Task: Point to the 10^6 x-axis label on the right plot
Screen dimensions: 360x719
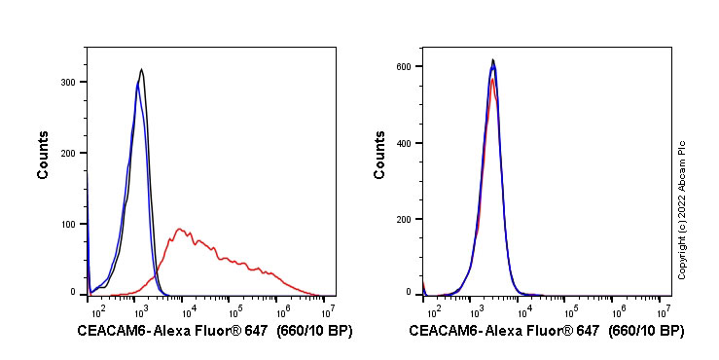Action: pos(617,311)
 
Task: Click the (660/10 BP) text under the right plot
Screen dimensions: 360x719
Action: pos(646,332)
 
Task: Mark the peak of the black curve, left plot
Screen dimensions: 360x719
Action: pos(142,69)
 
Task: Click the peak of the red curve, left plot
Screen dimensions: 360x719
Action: pos(180,230)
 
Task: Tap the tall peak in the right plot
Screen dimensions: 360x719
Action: pos(493,60)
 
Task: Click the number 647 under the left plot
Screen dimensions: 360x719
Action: pos(254,332)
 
